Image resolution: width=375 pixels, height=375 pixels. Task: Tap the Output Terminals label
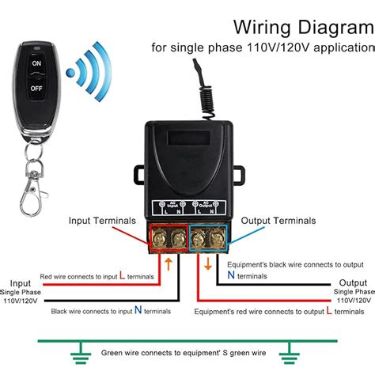(278, 220)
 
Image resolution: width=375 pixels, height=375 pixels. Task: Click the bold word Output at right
(353, 283)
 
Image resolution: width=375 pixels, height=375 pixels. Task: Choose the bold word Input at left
(21, 283)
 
